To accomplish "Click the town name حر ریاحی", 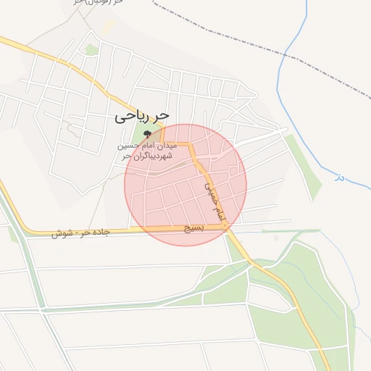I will (x=143, y=116).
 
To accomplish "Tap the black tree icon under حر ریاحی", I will (x=148, y=134).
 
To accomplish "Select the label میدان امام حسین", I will (x=149, y=146).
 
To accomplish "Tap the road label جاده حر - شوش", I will (x=80, y=233).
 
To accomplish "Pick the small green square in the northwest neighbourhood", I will (x=91, y=49).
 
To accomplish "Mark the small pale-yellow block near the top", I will (x=109, y=26).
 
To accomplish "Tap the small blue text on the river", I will (x=338, y=176).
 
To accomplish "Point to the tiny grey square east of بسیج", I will (x=275, y=237).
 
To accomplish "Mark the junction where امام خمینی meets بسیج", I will (x=227, y=228).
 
